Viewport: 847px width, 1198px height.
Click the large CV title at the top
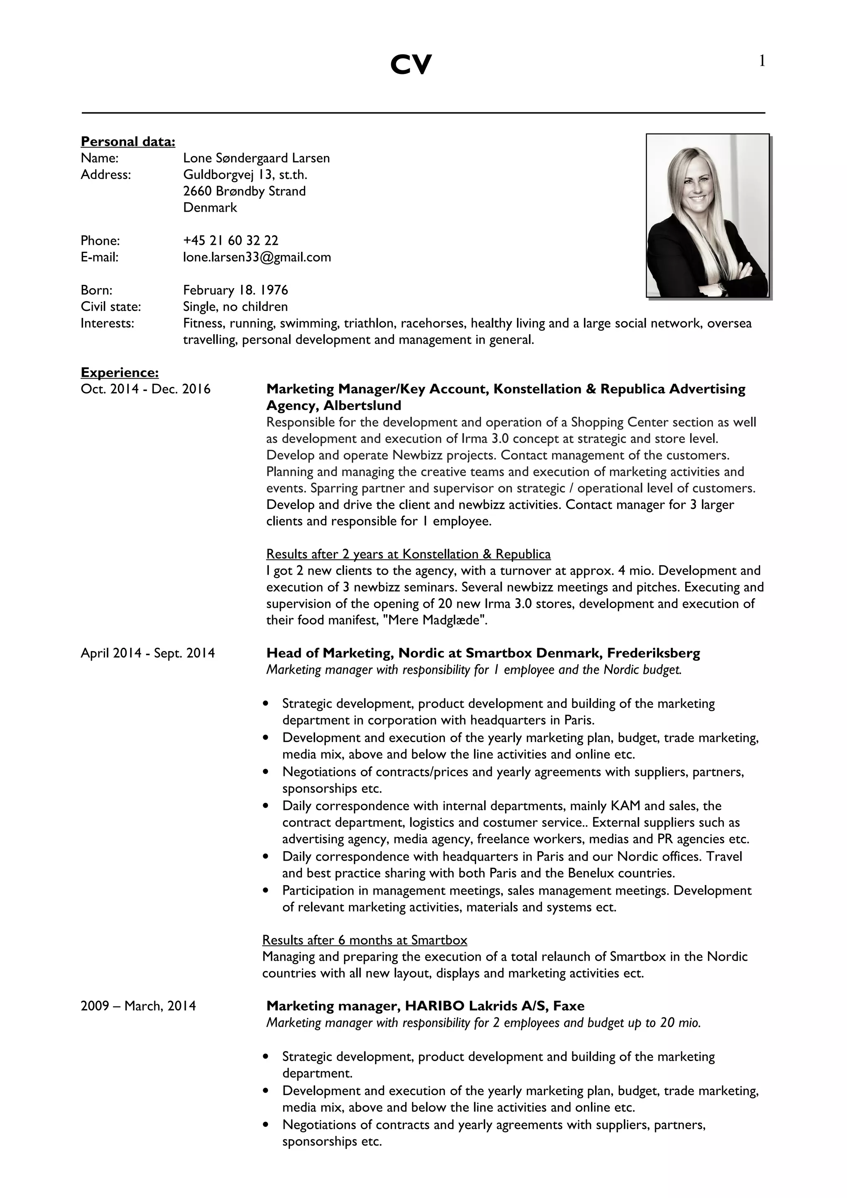(x=411, y=65)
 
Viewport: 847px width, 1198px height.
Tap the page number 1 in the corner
(x=762, y=62)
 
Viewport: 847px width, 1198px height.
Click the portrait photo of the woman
(x=707, y=215)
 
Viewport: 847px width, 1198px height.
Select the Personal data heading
(x=128, y=141)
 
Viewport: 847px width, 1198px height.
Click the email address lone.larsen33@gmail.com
(x=257, y=257)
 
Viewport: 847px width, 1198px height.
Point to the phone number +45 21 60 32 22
(x=231, y=241)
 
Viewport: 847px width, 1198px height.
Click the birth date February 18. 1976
(x=235, y=290)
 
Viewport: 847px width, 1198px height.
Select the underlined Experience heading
(x=120, y=372)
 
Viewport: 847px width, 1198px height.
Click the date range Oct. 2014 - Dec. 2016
(x=146, y=389)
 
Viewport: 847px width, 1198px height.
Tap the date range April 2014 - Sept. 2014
(x=148, y=653)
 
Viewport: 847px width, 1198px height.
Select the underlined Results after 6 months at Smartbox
(x=364, y=940)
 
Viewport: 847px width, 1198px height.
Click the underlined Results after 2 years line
(x=408, y=554)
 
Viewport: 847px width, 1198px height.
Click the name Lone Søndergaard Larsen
(x=256, y=158)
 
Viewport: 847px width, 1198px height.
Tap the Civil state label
(x=111, y=307)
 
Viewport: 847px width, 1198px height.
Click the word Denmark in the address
(x=210, y=208)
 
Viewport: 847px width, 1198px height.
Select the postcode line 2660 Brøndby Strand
(x=244, y=191)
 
